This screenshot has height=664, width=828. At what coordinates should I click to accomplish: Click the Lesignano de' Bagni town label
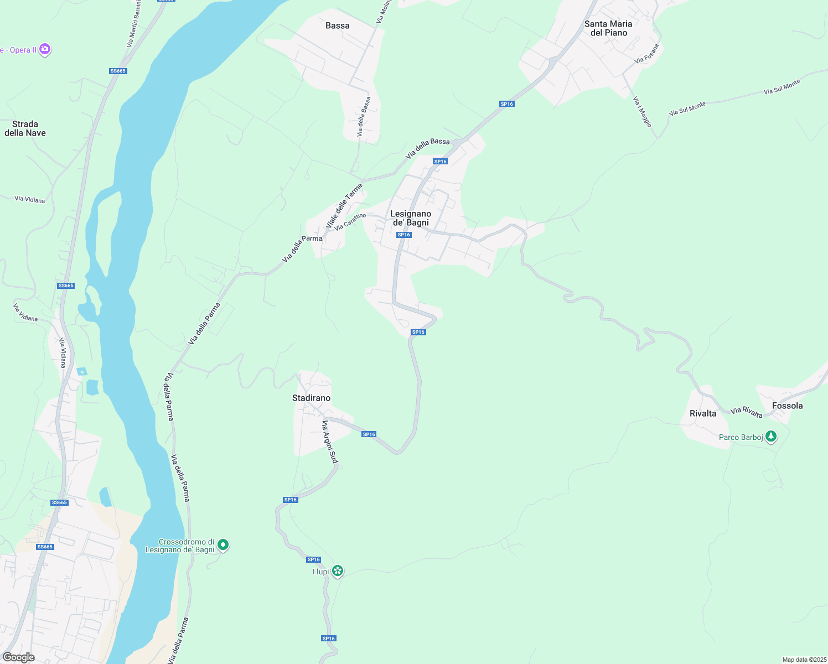point(411,218)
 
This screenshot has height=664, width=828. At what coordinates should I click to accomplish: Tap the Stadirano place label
point(311,398)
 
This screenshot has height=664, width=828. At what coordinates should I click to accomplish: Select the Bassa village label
point(338,25)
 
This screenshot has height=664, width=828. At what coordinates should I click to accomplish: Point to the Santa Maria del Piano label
point(608,28)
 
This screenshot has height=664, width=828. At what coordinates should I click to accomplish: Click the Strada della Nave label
point(25,128)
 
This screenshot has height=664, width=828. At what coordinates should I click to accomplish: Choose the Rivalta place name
point(703,413)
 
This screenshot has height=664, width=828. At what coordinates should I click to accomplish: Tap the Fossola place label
point(787,406)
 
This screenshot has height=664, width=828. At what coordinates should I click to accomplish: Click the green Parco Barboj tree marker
point(770,437)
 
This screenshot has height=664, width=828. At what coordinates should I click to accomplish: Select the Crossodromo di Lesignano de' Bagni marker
point(223,545)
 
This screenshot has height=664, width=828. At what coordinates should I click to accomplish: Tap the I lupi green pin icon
point(337,570)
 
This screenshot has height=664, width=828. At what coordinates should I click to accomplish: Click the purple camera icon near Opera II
point(45,49)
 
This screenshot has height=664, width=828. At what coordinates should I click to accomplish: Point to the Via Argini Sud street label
point(330,442)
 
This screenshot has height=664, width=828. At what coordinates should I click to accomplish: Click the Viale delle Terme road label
point(345,206)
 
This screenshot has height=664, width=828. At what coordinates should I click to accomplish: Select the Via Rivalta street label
point(746,412)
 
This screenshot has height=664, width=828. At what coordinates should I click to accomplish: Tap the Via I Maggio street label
point(642,112)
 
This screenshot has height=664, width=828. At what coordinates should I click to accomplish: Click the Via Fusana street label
point(647,53)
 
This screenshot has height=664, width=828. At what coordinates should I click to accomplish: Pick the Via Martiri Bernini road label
point(134,23)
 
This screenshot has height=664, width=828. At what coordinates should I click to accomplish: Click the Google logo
point(18,657)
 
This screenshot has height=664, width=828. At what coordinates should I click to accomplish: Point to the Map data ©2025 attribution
point(804,660)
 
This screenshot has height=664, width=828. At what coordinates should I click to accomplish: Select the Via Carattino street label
point(350,222)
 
